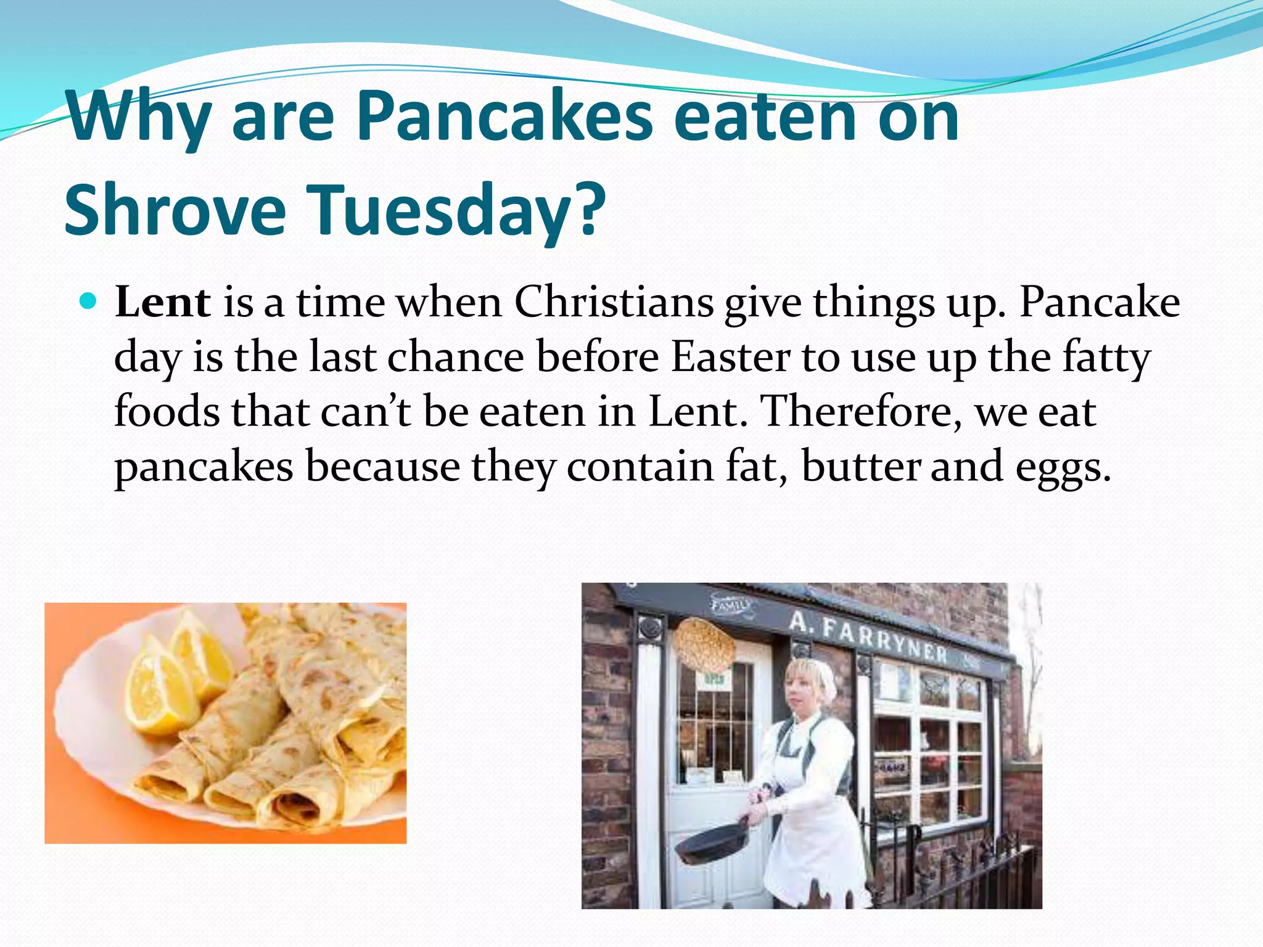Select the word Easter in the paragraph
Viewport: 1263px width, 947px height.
[730, 357]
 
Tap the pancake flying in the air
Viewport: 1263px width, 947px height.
[705, 644]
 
